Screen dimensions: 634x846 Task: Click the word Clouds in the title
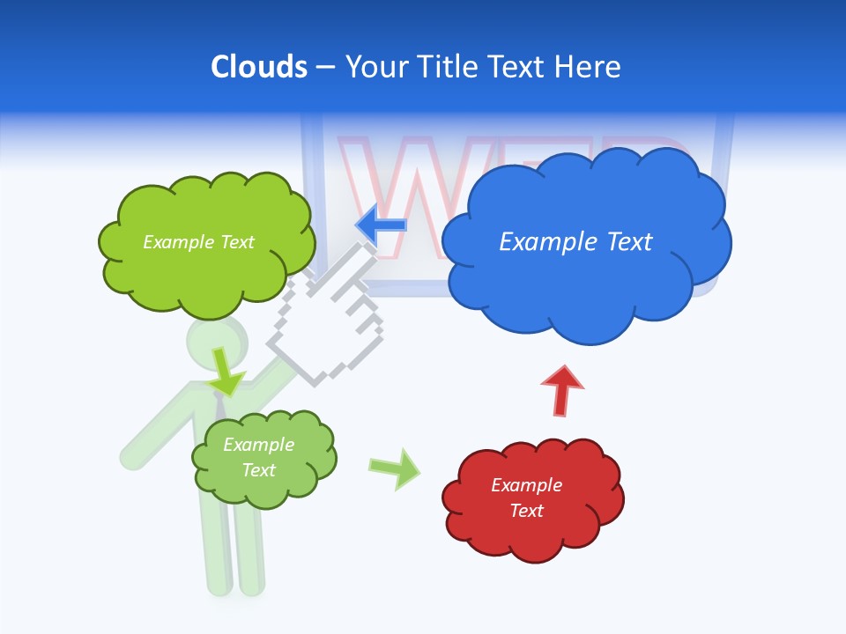[259, 67]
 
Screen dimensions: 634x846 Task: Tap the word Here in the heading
[590, 67]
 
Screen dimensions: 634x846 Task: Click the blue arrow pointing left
[382, 225]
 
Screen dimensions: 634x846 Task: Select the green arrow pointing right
[394, 468]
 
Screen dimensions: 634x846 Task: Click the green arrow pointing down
[226, 373]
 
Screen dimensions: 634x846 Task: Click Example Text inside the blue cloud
[575, 241]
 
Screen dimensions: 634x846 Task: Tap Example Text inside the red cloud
[526, 498]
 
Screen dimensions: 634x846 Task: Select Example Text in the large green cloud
[198, 241]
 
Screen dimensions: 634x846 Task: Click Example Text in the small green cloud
[258, 457]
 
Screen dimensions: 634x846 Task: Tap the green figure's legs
[234, 550]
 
